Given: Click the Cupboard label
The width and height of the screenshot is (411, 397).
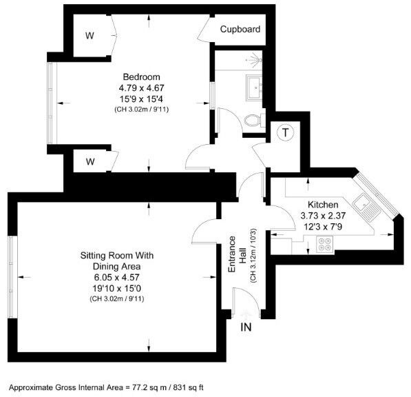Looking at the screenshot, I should (x=240, y=30).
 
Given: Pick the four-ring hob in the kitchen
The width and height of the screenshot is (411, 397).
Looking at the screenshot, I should (x=324, y=243).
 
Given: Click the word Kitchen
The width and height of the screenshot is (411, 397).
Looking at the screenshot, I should (x=322, y=205).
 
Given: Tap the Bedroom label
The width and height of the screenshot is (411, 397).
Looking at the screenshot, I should (x=142, y=77).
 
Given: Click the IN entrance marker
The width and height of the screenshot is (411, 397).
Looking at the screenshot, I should (x=246, y=327).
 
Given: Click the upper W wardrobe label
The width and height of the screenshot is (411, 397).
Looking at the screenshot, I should (x=90, y=34).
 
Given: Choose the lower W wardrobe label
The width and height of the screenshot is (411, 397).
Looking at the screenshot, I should (x=90, y=162).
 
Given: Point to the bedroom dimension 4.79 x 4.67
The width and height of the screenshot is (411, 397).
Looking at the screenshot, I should (x=141, y=88).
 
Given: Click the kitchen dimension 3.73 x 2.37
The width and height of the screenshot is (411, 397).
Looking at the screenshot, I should (x=322, y=216).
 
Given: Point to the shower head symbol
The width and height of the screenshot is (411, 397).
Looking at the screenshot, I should (x=257, y=60).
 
